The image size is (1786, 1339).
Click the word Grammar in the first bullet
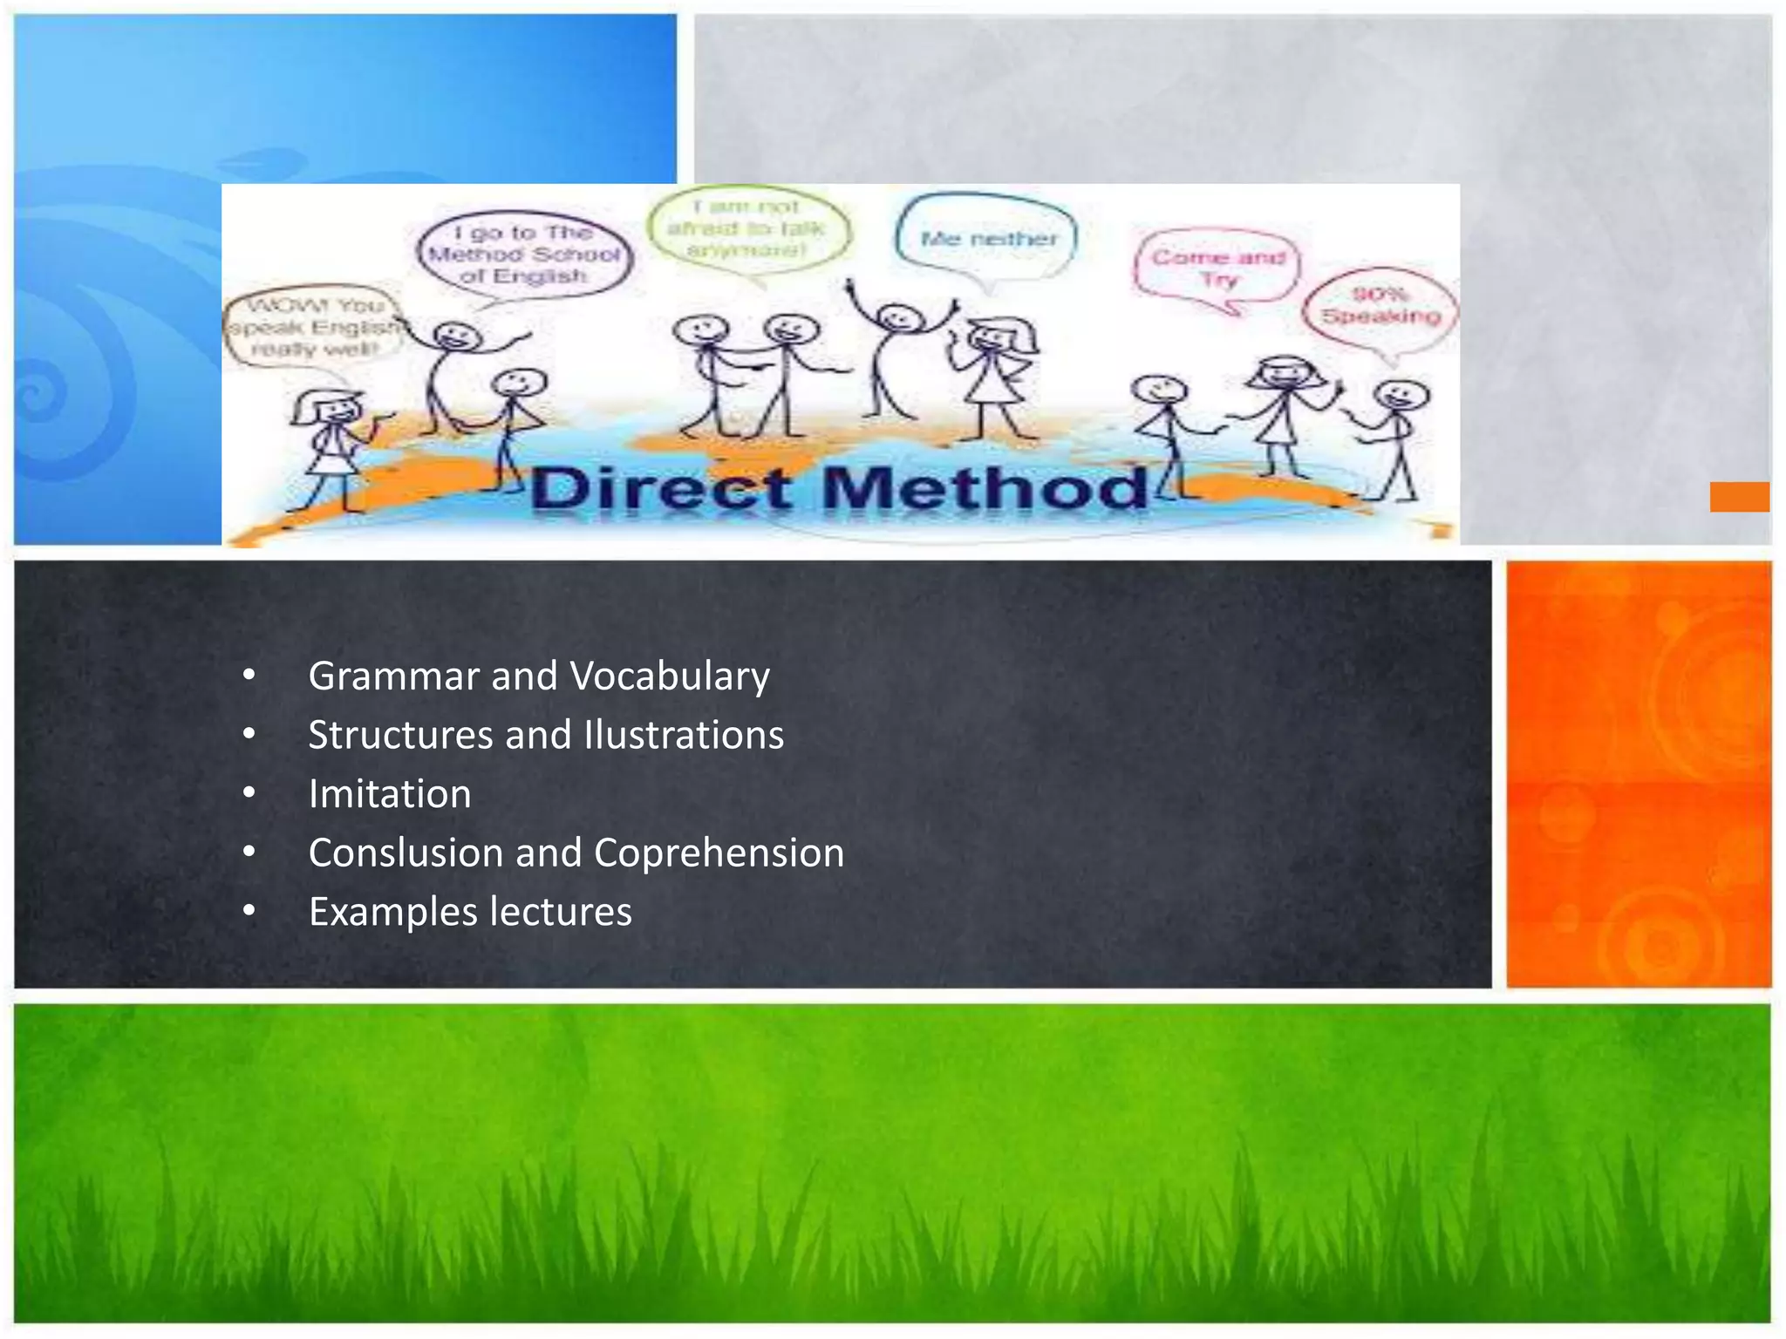coord(394,677)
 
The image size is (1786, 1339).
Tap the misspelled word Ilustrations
coord(684,735)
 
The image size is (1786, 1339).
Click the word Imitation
coord(390,794)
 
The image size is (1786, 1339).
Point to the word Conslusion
coord(406,853)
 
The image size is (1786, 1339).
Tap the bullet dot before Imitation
coord(249,793)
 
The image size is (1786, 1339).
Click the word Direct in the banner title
coord(660,489)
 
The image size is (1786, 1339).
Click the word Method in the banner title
coord(985,489)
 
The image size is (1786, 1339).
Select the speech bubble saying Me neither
coord(988,238)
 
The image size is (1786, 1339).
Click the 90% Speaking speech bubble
coord(1380,307)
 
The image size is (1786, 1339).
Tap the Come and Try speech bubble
coord(1218,268)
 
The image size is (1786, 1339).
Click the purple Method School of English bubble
coord(525,255)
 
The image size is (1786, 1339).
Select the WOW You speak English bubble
coord(315,328)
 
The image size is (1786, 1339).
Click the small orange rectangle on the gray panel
coord(1739,497)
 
